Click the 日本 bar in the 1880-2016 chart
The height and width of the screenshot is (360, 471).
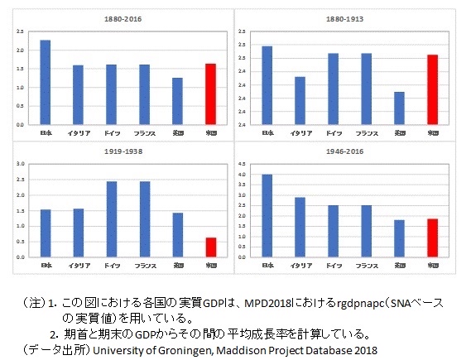pos(45,83)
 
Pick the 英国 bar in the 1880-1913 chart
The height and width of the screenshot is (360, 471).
pos(399,108)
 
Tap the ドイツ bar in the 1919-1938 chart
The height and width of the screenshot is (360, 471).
pos(111,219)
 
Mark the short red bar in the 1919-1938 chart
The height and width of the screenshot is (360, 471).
pos(210,247)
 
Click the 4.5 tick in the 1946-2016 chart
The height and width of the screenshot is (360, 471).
pos(243,164)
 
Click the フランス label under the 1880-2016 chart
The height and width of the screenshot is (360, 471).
pos(144,132)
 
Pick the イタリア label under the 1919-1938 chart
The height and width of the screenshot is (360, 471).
pos(78,265)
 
